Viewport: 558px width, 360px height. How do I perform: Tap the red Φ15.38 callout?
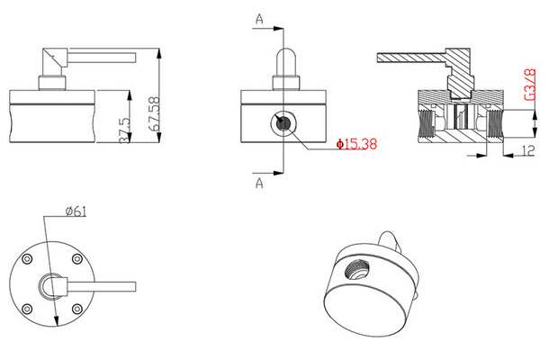pyautogui.click(x=357, y=144)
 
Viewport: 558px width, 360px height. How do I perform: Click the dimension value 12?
pyautogui.click(x=528, y=150)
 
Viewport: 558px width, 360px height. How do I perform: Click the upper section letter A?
pyautogui.click(x=259, y=17)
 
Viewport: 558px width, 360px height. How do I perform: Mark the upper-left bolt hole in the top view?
pyautogui.click(x=28, y=261)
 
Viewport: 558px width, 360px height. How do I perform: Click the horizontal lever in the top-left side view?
pyautogui.click(x=99, y=58)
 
